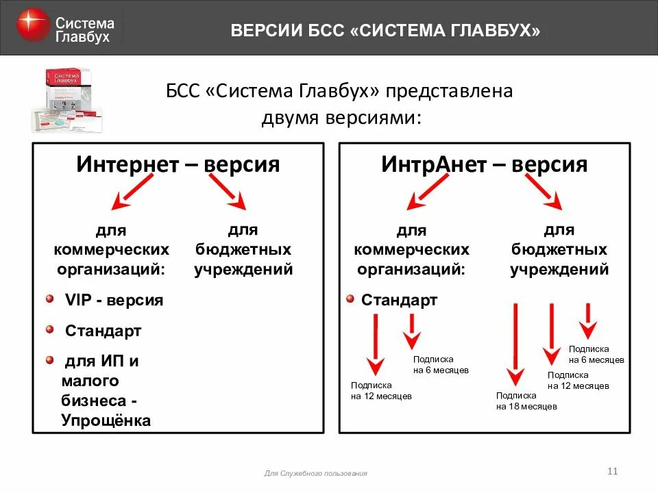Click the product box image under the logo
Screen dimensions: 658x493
coord(66,101)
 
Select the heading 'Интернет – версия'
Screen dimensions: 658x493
coord(178,164)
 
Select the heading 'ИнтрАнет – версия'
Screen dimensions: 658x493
coord(484,164)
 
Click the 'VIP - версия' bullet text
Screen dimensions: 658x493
coord(114,300)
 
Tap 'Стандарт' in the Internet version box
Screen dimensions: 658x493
coord(103,331)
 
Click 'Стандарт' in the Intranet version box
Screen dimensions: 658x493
coord(399,300)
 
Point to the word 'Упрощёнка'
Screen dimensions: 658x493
coord(106,420)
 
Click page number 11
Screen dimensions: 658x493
coord(613,470)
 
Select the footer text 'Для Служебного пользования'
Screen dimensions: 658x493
coord(315,473)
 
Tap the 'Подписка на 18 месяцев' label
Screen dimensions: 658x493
coord(526,401)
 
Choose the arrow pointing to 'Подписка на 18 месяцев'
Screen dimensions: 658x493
coord(515,342)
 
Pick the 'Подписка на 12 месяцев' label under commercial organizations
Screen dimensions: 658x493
coord(381,390)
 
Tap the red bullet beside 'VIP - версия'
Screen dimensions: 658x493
coord(50,299)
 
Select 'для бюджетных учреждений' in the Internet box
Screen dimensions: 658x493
coord(243,250)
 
